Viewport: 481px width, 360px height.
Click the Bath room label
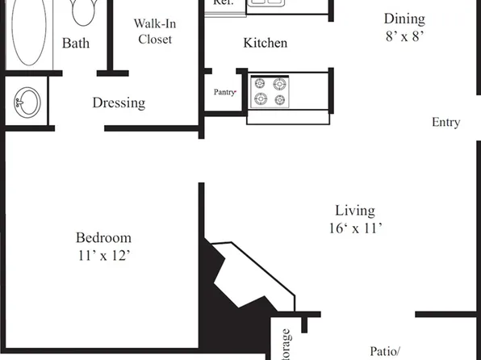pos(76,43)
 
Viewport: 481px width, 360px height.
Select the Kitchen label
pos(265,43)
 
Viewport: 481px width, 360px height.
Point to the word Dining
pos(404,19)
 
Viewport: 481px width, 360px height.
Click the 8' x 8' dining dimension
pos(404,36)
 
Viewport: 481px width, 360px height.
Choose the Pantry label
pos(224,92)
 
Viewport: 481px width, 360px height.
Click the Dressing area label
pos(119,103)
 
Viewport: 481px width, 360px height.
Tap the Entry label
pos(445,123)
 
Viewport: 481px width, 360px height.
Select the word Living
pos(355,211)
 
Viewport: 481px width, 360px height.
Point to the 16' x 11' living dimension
pos(355,228)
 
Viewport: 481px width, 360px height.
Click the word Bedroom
pos(103,238)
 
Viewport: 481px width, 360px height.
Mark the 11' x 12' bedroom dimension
pos(103,255)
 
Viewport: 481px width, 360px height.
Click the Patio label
pos(386,351)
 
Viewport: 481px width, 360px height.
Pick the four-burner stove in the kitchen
pos(270,91)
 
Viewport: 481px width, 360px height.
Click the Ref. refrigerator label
pos(224,3)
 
